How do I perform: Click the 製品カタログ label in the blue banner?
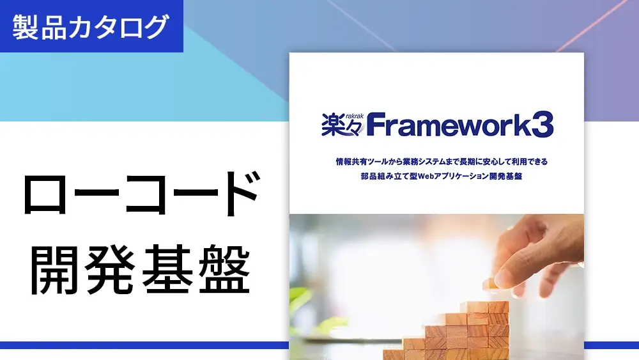pos(91,26)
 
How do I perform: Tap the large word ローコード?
pos(141,194)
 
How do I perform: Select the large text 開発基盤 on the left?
pos(140,269)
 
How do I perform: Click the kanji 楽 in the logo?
pos(334,125)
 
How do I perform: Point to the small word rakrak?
pos(355,116)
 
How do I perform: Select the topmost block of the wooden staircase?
pos(488,308)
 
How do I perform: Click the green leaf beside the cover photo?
pos(298,300)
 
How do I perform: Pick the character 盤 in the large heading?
pos(224,269)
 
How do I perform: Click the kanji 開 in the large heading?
pos(54,269)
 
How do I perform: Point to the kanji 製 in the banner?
pos(25,27)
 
